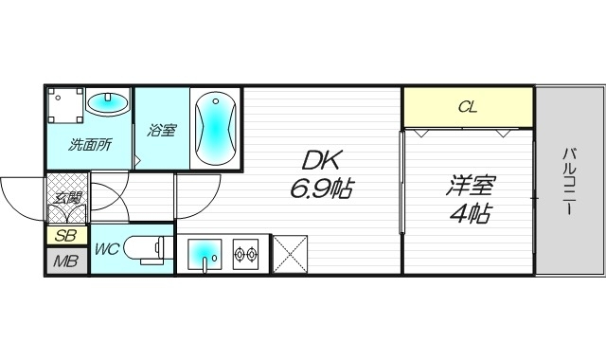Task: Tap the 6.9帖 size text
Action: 322,189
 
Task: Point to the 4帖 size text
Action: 469,213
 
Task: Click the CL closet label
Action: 468,107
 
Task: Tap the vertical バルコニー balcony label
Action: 570,180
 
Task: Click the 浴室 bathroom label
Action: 161,131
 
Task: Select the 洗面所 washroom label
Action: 90,146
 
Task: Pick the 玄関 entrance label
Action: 67,197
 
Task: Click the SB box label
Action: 66,236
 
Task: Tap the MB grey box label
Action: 65,261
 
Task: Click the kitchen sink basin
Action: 205,253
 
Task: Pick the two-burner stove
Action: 246,253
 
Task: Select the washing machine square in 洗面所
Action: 66,107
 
